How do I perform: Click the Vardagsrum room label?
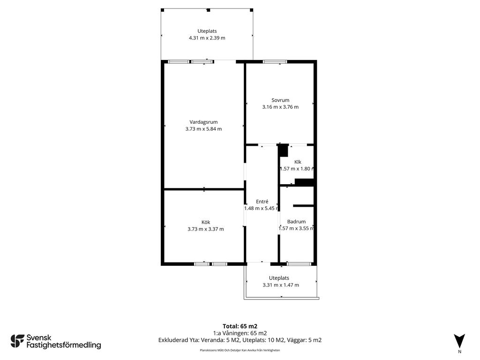pyautogui.click(x=203, y=122)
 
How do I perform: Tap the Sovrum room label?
pyautogui.click(x=280, y=100)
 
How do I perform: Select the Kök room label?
pyautogui.click(x=206, y=222)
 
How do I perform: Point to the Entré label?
pyautogui.click(x=262, y=202)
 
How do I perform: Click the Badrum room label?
pyautogui.click(x=296, y=222)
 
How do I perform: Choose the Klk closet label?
pyautogui.click(x=298, y=162)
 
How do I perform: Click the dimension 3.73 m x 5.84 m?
pyautogui.click(x=203, y=129)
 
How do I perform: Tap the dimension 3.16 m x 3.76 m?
pyautogui.click(x=280, y=107)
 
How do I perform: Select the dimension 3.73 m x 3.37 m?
pyautogui.click(x=206, y=229)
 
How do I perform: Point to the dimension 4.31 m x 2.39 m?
pyautogui.click(x=207, y=38)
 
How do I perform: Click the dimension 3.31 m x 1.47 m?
pyautogui.click(x=281, y=285)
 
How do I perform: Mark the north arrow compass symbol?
pyautogui.click(x=459, y=341)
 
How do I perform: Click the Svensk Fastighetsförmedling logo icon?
pyautogui.click(x=17, y=341)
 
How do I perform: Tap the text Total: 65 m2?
pyautogui.click(x=240, y=326)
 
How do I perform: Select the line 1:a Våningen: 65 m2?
pyautogui.click(x=240, y=333)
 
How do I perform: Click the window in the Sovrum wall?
pyautogui.click(x=275, y=62)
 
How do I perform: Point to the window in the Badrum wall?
pyautogui.click(x=299, y=264)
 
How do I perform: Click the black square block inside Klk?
pyautogui.click(x=283, y=150)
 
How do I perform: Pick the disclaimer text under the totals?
pyautogui.click(x=240, y=350)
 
